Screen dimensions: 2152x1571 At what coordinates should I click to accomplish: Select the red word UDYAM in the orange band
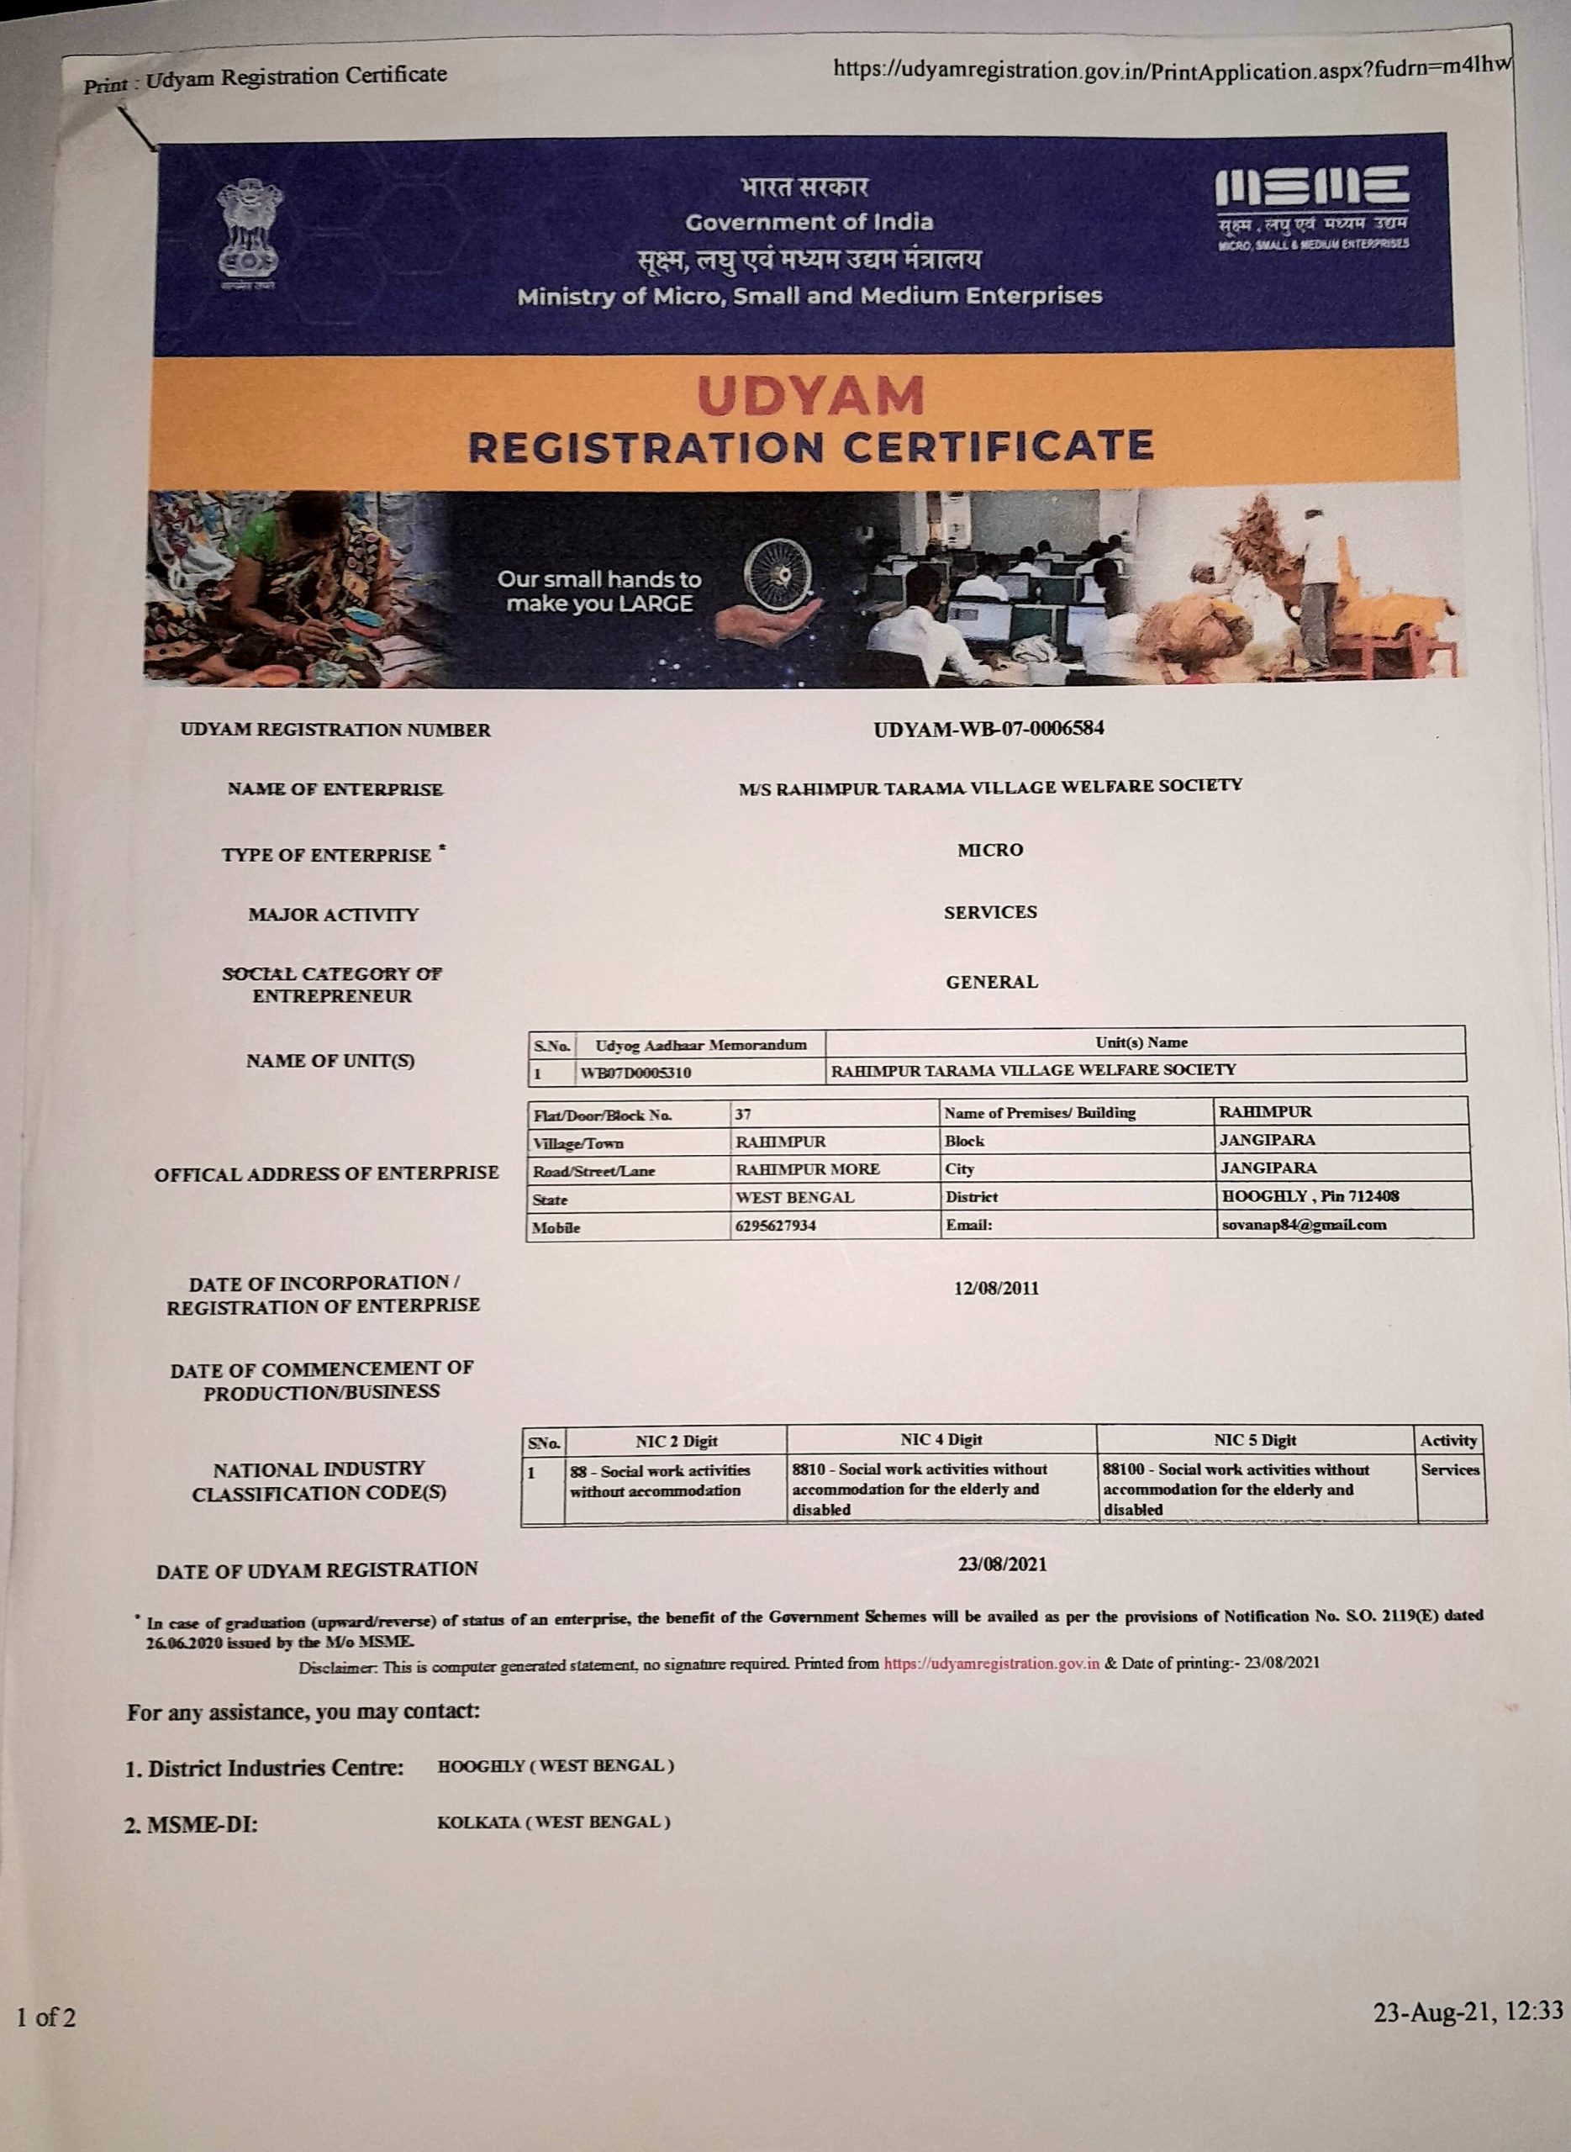[810, 397]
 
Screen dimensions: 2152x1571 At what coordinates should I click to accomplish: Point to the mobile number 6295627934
[775, 1226]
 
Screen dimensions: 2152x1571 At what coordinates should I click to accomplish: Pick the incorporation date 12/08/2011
[996, 1289]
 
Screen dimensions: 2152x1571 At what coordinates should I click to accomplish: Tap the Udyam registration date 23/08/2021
[1002, 1564]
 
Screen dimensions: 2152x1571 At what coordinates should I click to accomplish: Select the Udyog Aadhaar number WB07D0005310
[636, 1072]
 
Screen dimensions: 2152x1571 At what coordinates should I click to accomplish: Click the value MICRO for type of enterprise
[990, 850]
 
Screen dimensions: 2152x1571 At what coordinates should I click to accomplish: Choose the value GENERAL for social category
[991, 983]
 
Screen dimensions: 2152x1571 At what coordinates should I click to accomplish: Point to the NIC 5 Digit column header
[1254, 1440]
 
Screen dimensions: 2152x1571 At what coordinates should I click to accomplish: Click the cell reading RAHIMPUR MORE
[808, 1169]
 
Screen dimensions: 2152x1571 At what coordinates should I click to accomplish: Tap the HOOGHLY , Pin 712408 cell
[1310, 1196]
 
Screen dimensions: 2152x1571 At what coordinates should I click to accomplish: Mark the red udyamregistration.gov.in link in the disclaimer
[991, 1664]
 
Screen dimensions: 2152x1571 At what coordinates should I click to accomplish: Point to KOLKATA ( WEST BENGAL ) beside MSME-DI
[553, 1822]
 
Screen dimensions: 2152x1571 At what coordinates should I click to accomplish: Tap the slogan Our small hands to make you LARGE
[599, 592]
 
